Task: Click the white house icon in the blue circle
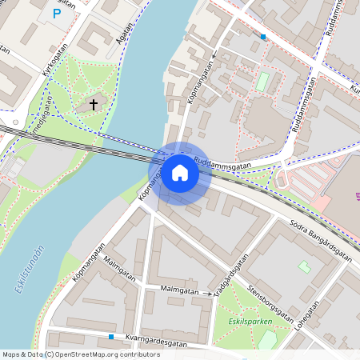click(x=179, y=173)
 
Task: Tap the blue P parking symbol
click(x=56, y=14)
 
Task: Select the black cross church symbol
click(x=94, y=104)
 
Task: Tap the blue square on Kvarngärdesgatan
click(x=111, y=337)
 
